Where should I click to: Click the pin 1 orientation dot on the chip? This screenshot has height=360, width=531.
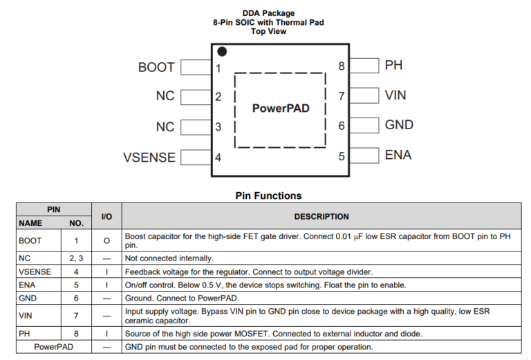tap(221, 51)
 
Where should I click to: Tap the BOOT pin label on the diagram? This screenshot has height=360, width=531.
tap(156, 67)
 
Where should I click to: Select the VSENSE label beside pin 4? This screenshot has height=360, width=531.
tap(149, 157)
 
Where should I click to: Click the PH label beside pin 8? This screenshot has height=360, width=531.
tap(393, 65)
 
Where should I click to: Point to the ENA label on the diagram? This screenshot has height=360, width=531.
tap(398, 155)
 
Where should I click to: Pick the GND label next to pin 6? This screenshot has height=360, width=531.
tap(399, 125)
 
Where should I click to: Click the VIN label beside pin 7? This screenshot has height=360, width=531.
tap(396, 95)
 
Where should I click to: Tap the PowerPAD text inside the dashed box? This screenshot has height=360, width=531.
tap(281, 108)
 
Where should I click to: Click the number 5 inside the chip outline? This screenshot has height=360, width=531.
tap(342, 156)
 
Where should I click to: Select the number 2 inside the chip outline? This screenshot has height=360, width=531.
tap(218, 97)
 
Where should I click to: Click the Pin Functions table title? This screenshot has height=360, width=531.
tap(268, 196)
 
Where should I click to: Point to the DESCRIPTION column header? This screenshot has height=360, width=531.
tap(322, 216)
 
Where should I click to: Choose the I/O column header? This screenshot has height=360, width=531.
tap(106, 216)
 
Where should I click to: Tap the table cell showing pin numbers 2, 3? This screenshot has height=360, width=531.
tap(76, 258)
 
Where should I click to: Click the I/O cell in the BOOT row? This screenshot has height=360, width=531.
tap(106, 240)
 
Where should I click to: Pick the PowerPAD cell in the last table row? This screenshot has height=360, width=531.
tap(54, 346)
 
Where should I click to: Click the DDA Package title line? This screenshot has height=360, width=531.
tap(268, 13)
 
